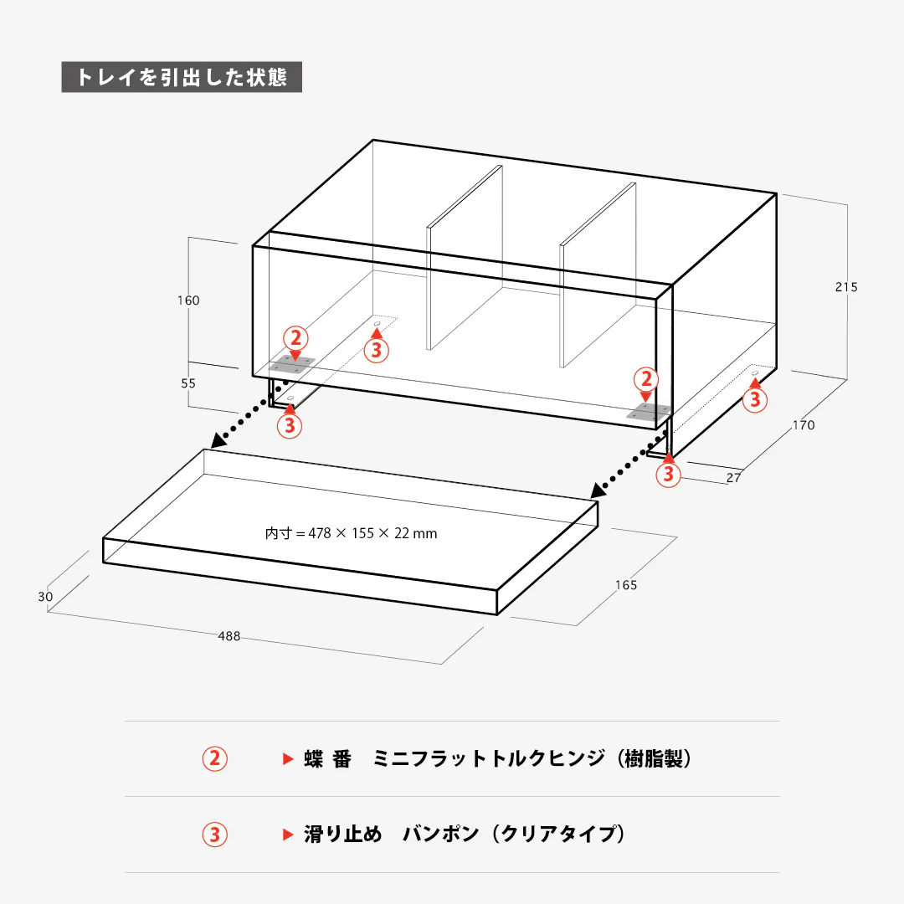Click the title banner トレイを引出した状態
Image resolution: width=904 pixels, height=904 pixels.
point(182,77)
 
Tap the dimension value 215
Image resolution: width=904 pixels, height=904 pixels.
point(846,287)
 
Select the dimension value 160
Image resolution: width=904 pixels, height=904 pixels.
point(188,300)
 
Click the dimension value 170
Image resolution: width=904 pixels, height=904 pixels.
point(803,425)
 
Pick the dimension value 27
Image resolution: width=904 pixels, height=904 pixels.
point(733,478)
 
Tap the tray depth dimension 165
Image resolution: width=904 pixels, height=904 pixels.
point(625,585)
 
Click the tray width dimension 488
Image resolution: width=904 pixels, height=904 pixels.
point(229,636)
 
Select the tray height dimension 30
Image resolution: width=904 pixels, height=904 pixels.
point(45,597)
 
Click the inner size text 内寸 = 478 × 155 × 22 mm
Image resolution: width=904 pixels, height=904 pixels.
point(352,532)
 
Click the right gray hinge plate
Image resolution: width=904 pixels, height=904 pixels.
point(650,412)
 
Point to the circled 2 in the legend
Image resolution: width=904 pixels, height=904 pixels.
point(215,759)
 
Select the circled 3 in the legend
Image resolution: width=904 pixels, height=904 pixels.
point(215,835)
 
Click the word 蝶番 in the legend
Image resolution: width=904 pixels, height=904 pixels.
point(327,759)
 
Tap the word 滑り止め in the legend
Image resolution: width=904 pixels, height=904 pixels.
point(343,835)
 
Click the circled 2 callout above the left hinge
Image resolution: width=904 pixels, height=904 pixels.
point(295,338)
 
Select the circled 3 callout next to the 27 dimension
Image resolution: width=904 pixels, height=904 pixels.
point(668,475)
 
